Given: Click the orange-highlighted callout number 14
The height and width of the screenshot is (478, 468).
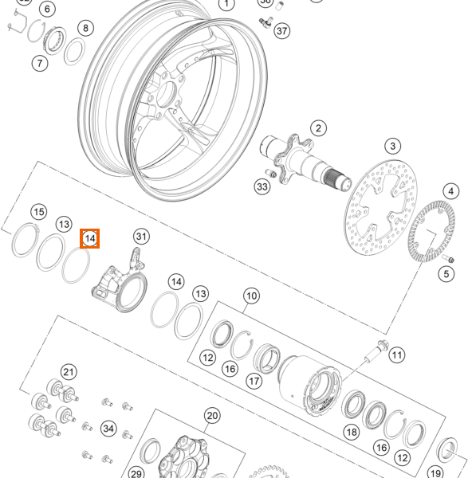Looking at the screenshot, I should (89, 238).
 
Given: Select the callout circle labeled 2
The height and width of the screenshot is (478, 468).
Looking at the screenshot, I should (318, 128).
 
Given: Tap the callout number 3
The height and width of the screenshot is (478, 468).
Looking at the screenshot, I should (392, 146).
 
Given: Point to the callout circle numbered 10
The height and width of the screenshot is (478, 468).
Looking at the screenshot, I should (251, 296).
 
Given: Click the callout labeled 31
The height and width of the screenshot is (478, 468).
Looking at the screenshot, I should (141, 236).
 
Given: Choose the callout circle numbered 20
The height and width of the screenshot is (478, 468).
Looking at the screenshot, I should (211, 415).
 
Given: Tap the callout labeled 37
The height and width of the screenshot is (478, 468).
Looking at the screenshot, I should (281, 31).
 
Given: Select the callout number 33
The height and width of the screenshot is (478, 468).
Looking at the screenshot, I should (262, 186).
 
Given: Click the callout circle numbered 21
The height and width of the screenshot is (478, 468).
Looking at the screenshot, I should (69, 372).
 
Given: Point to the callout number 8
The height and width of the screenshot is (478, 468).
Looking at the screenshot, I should (85, 29).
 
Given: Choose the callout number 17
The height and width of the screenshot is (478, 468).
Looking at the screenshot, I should (254, 381).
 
